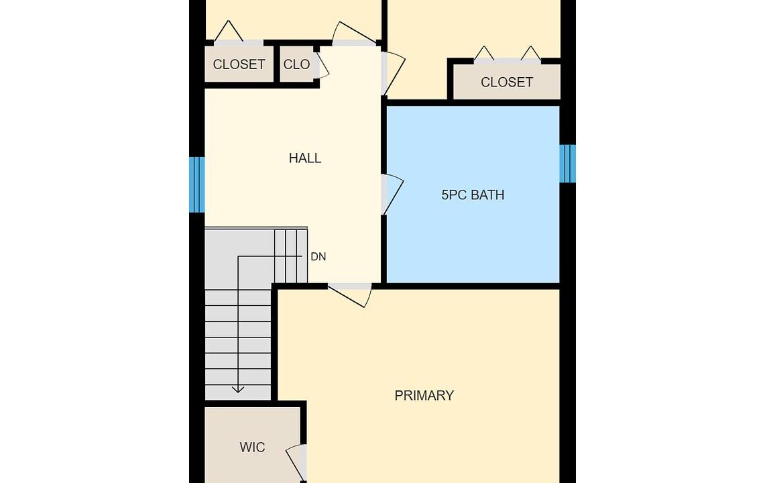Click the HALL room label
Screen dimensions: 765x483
(305, 158)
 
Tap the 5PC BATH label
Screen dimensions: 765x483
(473, 195)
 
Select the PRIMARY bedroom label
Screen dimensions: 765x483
(424, 395)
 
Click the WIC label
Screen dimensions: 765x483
(252, 447)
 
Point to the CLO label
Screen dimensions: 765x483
(296, 64)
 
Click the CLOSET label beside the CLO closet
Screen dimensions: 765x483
(239, 64)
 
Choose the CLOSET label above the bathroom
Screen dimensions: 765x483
(507, 82)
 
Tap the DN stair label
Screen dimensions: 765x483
(318, 257)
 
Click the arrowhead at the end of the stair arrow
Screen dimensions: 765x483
(237, 390)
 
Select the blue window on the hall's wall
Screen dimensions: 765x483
(196, 184)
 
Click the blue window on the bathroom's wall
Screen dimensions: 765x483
(567, 164)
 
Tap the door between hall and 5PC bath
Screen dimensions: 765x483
(392, 195)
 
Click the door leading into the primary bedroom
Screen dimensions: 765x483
(350, 295)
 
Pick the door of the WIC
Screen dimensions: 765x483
(296, 462)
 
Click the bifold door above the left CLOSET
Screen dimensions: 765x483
(229, 32)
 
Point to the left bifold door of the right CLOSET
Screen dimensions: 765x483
(484, 54)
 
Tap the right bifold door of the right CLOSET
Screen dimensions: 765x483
(531, 54)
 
